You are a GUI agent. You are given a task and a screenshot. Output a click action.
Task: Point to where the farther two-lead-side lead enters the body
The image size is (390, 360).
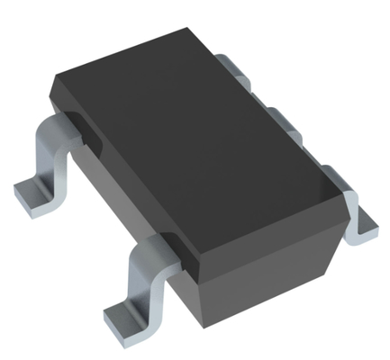point(72,126)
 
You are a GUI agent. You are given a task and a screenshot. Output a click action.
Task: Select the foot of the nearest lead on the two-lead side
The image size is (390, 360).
point(122,315)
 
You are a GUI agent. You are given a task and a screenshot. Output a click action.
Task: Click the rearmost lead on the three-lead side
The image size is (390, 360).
point(231,65)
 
